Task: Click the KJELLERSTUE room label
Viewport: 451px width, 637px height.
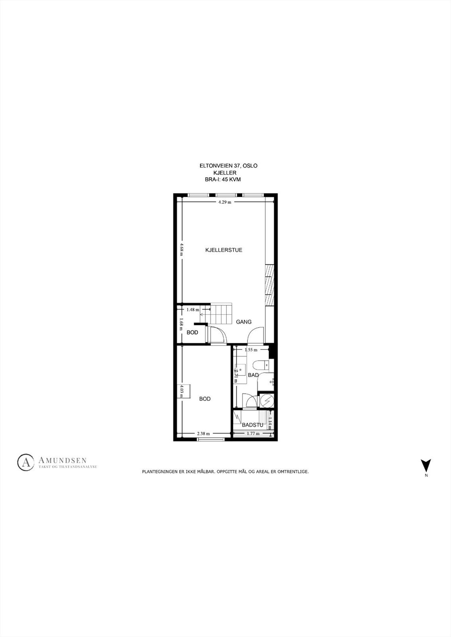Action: pyautogui.click(x=224, y=250)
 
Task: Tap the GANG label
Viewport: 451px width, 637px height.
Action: pyautogui.click(x=243, y=322)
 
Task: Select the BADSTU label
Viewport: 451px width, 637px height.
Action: pyautogui.click(x=253, y=425)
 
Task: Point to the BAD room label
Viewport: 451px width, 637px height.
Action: pyautogui.click(x=253, y=375)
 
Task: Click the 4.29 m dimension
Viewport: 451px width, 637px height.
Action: pyautogui.click(x=225, y=202)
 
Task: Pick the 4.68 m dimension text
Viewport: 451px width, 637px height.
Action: pyautogui.click(x=181, y=249)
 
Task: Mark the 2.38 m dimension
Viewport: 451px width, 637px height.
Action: pyautogui.click(x=203, y=434)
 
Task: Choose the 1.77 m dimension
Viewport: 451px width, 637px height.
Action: pyautogui.click(x=253, y=434)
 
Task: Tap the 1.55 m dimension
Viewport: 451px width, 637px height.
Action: pyautogui.click(x=251, y=350)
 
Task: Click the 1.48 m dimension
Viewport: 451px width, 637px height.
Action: pyautogui.click(x=193, y=309)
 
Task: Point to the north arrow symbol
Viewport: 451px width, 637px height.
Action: pyautogui.click(x=426, y=465)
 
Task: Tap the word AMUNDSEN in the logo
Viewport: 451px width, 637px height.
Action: pyautogui.click(x=63, y=460)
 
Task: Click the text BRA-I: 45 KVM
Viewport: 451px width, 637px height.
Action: pyautogui.click(x=225, y=180)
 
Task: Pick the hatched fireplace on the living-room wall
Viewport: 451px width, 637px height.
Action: pyautogui.click(x=270, y=285)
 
